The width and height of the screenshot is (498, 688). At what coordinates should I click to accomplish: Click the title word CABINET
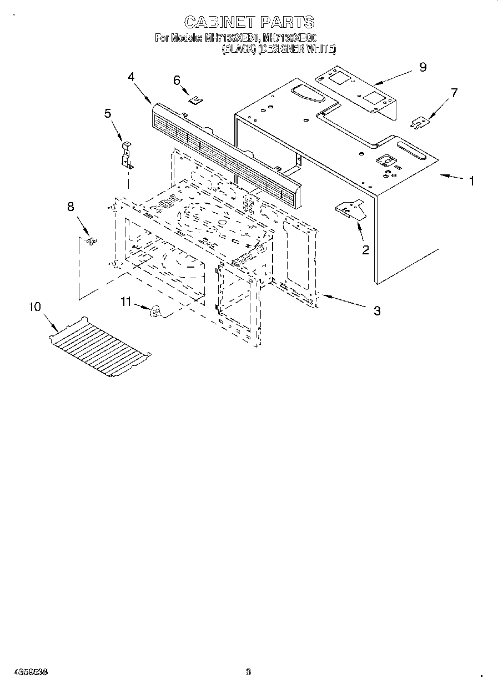click(218, 22)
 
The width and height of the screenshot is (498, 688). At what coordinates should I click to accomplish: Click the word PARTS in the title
click(286, 22)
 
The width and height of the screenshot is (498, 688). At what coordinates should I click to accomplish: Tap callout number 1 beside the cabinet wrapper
click(471, 181)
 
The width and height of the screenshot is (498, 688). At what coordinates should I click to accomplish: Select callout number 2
click(365, 250)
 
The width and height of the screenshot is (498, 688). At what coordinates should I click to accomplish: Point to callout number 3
click(377, 311)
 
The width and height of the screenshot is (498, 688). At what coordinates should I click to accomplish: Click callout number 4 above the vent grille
click(131, 77)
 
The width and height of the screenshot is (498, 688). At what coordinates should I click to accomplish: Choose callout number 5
click(108, 113)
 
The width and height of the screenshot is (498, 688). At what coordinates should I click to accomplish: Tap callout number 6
click(177, 81)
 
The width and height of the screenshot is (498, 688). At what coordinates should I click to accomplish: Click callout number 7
click(454, 93)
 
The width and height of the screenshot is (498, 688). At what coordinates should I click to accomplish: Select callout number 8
click(71, 207)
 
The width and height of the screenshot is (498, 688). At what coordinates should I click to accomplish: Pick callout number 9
click(422, 67)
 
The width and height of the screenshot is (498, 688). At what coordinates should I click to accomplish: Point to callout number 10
click(34, 307)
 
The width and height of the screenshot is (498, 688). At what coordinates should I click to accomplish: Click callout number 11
click(127, 302)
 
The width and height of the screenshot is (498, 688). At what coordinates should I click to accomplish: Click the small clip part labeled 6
click(195, 100)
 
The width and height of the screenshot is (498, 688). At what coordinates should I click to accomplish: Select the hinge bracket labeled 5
click(127, 155)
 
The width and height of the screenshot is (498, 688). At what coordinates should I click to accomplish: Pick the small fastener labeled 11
click(155, 313)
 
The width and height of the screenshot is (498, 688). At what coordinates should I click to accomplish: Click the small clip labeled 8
click(91, 240)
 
